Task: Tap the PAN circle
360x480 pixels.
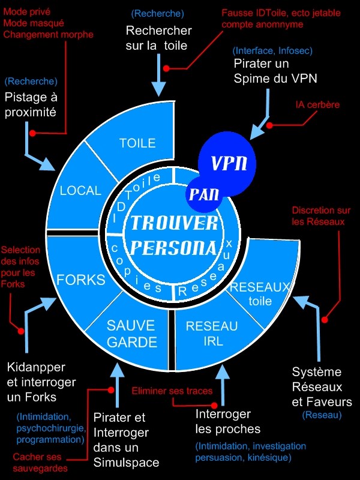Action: click(x=202, y=194)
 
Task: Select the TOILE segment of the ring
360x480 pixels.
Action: click(x=137, y=143)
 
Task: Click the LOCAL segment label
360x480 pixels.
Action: click(x=81, y=191)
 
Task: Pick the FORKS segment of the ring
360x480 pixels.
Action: click(x=80, y=280)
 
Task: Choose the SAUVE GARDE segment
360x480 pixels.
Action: click(x=131, y=334)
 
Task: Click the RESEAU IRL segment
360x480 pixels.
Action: click(x=212, y=334)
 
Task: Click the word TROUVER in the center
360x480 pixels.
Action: click(x=175, y=223)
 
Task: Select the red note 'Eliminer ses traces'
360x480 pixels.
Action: click(x=172, y=391)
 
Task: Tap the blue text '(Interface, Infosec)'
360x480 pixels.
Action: click(x=272, y=51)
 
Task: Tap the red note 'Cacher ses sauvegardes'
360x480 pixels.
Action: click(x=40, y=463)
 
